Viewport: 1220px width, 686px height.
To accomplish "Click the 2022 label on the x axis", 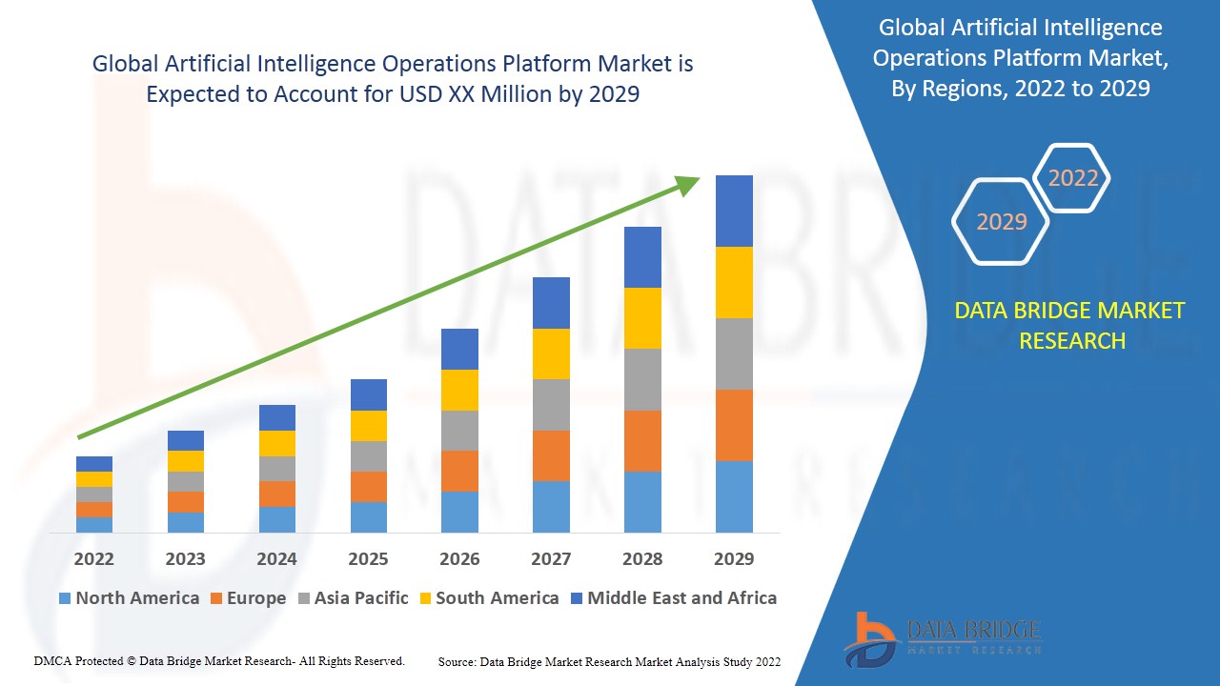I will [93, 558].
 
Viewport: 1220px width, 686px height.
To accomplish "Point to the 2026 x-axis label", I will [459, 558].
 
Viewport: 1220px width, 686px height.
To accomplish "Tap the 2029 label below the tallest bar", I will [734, 558].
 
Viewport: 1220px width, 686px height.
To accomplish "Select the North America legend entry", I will [129, 598].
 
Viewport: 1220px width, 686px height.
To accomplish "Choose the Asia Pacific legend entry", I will [354, 598].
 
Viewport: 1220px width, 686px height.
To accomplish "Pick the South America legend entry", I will [488, 598].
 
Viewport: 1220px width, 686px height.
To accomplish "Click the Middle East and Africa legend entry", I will [673, 598].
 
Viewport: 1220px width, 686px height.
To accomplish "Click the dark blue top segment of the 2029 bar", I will [734, 211].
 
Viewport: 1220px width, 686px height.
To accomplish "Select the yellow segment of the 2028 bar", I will [642, 318].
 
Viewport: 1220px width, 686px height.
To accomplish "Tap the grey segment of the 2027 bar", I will [551, 405].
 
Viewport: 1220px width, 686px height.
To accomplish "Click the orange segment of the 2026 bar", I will [459, 471].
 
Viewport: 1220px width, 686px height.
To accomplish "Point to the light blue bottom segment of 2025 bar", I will [368, 516].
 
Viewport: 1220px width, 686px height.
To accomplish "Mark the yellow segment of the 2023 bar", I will [185, 461].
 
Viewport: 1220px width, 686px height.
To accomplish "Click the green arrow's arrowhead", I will [689, 184].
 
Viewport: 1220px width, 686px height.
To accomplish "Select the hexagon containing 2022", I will [1072, 178].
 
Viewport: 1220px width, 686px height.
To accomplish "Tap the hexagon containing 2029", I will [1001, 222].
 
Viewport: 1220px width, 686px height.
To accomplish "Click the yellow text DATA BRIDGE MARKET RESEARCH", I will [1069, 326].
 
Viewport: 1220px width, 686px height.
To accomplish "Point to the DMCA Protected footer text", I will [219, 660].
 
